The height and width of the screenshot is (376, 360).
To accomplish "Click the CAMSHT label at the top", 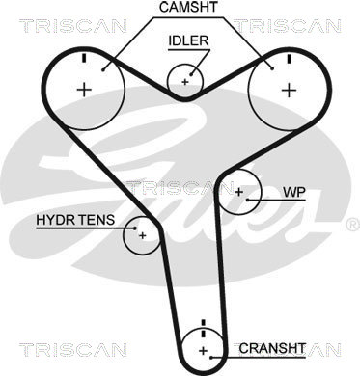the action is (x=188, y=7).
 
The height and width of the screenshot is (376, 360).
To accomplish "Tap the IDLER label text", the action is (x=188, y=40).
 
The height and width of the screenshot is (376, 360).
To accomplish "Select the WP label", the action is (x=293, y=192).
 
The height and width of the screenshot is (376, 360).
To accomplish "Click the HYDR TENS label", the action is (x=75, y=220).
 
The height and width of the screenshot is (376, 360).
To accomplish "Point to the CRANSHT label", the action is (x=272, y=348).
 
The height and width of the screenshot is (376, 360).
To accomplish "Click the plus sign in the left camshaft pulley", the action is (x=85, y=90).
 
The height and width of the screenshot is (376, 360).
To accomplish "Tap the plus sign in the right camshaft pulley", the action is (x=289, y=90).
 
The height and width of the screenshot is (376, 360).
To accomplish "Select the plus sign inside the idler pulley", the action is (x=185, y=82).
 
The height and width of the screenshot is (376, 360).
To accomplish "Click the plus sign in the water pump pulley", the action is (x=238, y=192).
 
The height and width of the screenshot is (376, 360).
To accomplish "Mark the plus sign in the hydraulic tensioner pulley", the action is (x=142, y=236).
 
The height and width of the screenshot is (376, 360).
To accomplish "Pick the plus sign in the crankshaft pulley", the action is (x=203, y=351).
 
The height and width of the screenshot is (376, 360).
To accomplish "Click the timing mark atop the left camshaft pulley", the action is (x=84, y=58).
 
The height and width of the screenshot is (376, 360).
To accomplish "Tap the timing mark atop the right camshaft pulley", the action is (x=289, y=59).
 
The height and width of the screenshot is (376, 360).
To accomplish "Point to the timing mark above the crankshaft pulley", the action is (x=203, y=329).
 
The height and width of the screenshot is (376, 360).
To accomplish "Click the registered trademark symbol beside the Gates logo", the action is (x=352, y=223).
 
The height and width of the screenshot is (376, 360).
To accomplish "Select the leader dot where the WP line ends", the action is (x=248, y=200).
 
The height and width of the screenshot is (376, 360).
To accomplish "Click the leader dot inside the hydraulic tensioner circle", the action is (x=135, y=228).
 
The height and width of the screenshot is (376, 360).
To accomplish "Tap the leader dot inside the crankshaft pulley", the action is (x=211, y=357).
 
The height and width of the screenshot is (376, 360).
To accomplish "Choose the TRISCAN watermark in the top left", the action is (x=72, y=26).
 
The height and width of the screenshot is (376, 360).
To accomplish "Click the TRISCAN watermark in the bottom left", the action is (x=72, y=349).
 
